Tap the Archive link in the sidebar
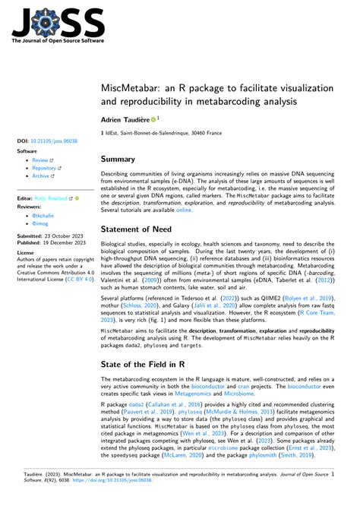tap(41, 175)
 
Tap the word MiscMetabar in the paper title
tap(131, 83)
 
